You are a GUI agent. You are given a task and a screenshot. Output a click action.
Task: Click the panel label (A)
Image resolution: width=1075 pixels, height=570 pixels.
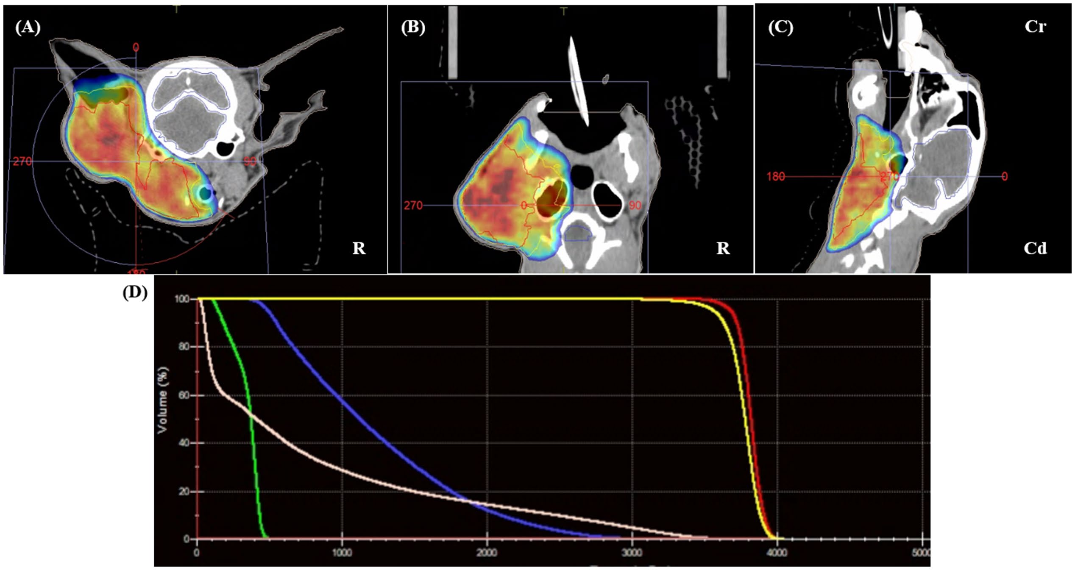(28, 28)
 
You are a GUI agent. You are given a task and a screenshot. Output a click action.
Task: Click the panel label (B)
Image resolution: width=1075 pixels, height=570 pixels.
(413, 28)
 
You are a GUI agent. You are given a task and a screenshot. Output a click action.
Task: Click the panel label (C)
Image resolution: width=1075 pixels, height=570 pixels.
(780, 28)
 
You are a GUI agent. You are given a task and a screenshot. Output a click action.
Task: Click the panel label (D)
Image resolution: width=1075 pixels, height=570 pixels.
(135, 292)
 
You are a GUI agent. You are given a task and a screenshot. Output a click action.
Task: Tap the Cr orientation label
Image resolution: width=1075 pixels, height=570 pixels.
(1035, 27)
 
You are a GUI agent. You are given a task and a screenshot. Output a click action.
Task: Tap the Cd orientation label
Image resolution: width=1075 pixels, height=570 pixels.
(1035, 248)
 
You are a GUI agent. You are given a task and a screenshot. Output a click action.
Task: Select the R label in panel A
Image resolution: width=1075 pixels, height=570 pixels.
(359, 248)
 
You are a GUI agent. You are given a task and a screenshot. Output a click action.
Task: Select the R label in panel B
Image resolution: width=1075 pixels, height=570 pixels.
(723, 248)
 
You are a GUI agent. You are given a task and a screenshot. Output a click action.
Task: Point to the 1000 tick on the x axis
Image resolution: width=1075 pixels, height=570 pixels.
(342, 553)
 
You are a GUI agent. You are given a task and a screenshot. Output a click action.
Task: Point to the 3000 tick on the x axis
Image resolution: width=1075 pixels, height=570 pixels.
(632, 553)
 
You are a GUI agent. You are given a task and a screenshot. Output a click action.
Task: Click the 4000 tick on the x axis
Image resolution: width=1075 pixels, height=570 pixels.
(777, 553)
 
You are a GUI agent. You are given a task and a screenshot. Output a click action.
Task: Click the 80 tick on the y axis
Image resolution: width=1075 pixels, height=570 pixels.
(184, 347)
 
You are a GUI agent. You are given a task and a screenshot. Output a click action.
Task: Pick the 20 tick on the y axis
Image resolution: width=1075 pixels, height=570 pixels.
(184, 492)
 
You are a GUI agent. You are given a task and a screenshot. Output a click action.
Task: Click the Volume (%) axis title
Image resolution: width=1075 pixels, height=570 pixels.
(162, 400)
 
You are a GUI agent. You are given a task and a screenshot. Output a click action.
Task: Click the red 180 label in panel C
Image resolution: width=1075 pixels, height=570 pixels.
(776, 176)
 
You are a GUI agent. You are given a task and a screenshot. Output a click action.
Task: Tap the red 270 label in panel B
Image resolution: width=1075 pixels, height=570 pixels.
(413, 206)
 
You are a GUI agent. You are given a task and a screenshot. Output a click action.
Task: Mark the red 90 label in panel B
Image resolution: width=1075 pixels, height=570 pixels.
(635, 206)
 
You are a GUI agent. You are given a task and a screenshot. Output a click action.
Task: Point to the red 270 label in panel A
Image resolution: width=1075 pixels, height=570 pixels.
(22, 161)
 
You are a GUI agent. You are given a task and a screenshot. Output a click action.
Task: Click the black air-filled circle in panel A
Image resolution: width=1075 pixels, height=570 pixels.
(225, 148)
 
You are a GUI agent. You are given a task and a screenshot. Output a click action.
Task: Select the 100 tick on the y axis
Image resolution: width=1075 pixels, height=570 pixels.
(182, 299)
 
